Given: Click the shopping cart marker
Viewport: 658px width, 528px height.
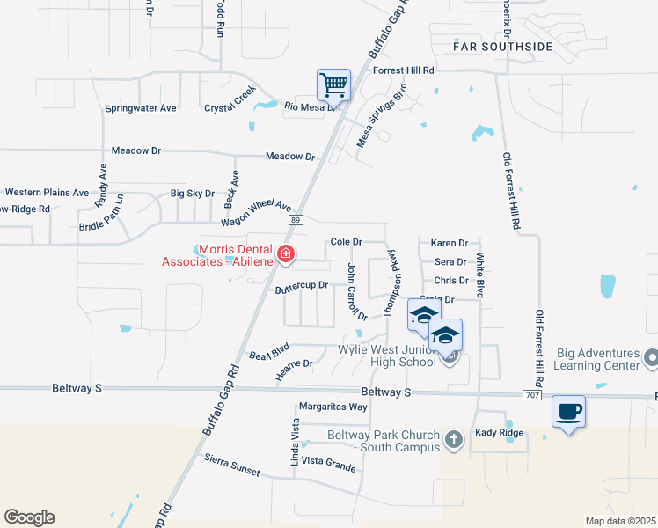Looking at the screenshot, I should point(333,86).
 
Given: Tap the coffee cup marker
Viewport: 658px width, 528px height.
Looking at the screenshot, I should point(568,411).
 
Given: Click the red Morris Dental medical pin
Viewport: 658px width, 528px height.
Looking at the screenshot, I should point(286,255).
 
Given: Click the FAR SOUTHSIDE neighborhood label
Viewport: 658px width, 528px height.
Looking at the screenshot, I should point(503,46).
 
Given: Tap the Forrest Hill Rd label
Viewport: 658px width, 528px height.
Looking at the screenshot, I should point(404,70).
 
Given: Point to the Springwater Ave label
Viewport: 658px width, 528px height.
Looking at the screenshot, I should point(141,108).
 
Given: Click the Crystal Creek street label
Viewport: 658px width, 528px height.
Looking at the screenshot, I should point(230,99).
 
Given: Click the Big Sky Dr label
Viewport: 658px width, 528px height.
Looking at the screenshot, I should point(192,193).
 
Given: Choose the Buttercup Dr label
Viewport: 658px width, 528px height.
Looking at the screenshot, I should point(301,286).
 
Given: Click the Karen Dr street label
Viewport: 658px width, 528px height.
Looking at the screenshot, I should point(449,242).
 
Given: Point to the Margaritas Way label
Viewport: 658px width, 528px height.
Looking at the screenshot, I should point(333,407).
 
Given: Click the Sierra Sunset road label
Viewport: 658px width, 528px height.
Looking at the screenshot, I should point(232,466).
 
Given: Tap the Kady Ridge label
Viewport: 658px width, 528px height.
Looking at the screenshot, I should point(499,432).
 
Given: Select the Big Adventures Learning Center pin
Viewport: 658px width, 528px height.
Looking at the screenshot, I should point(651,358).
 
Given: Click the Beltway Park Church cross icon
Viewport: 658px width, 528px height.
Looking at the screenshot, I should point(453,439).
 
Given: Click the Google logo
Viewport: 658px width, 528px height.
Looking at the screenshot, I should point(29,517).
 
